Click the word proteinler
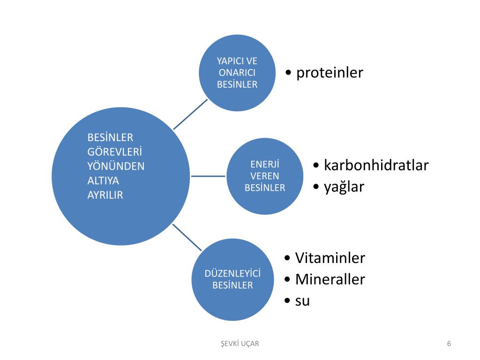point(330,73)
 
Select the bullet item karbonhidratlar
point(376,165)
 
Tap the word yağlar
point(344,187)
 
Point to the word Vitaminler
point(330,258)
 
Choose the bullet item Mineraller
point(330,279)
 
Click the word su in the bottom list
point(302,301)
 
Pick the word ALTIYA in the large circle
point(104,181)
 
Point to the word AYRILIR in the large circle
point(105,195)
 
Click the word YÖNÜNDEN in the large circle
point(116,166)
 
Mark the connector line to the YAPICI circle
point(190,114)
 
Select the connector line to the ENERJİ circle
point(209,176)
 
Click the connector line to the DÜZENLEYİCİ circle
point(187,237)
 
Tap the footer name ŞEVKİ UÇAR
point(240,344)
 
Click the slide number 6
point(449,344)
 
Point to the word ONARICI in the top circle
point(237,73)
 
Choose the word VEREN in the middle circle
point(265,176)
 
